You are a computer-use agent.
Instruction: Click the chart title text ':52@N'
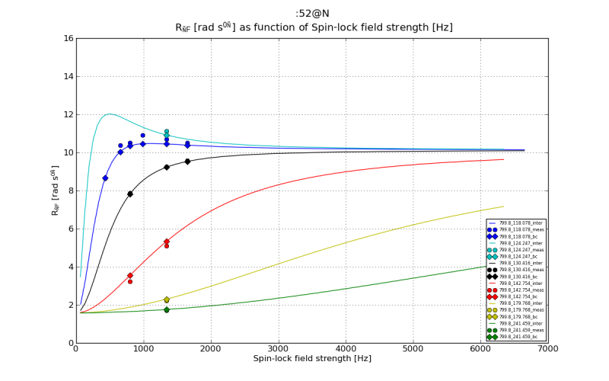coord(314,13)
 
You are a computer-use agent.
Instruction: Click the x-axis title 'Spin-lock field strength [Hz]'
coord(313,358)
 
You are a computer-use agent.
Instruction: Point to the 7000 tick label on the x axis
coord(547,349)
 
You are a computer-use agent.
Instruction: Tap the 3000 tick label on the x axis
coord(278,349)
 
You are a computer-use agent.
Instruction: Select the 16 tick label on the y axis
coord(69,38)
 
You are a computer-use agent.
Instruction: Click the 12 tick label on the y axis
coord(69,114)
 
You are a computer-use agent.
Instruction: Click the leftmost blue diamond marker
coord(105,178)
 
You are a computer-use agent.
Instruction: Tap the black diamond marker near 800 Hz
coord(130,194)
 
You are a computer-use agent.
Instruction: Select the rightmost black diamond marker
coord(187,162)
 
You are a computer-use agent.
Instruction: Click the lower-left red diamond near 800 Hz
coord(130,275)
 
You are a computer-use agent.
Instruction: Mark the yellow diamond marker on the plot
coord(167,299)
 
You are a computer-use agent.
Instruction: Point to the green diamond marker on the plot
coord(167,309)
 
